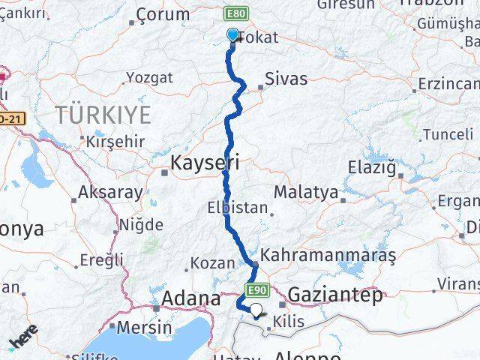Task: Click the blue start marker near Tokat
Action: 232,34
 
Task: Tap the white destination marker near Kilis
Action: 257,310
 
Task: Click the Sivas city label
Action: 286,79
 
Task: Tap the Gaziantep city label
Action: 334,293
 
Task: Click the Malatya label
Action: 305,193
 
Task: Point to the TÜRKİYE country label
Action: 102,115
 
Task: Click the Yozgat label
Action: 149,77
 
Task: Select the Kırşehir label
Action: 114,141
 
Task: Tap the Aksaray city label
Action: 110,192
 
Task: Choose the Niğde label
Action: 141,224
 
